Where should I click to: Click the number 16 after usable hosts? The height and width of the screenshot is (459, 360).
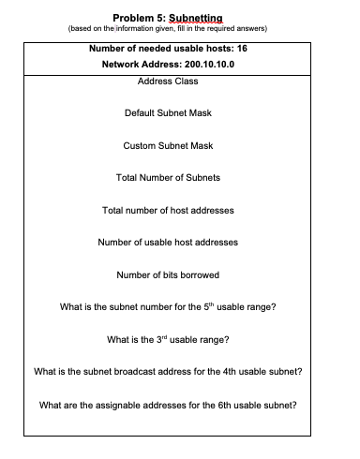click(x=241, y=47)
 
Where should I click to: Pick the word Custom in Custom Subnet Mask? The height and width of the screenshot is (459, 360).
click(x=140, y=146)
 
